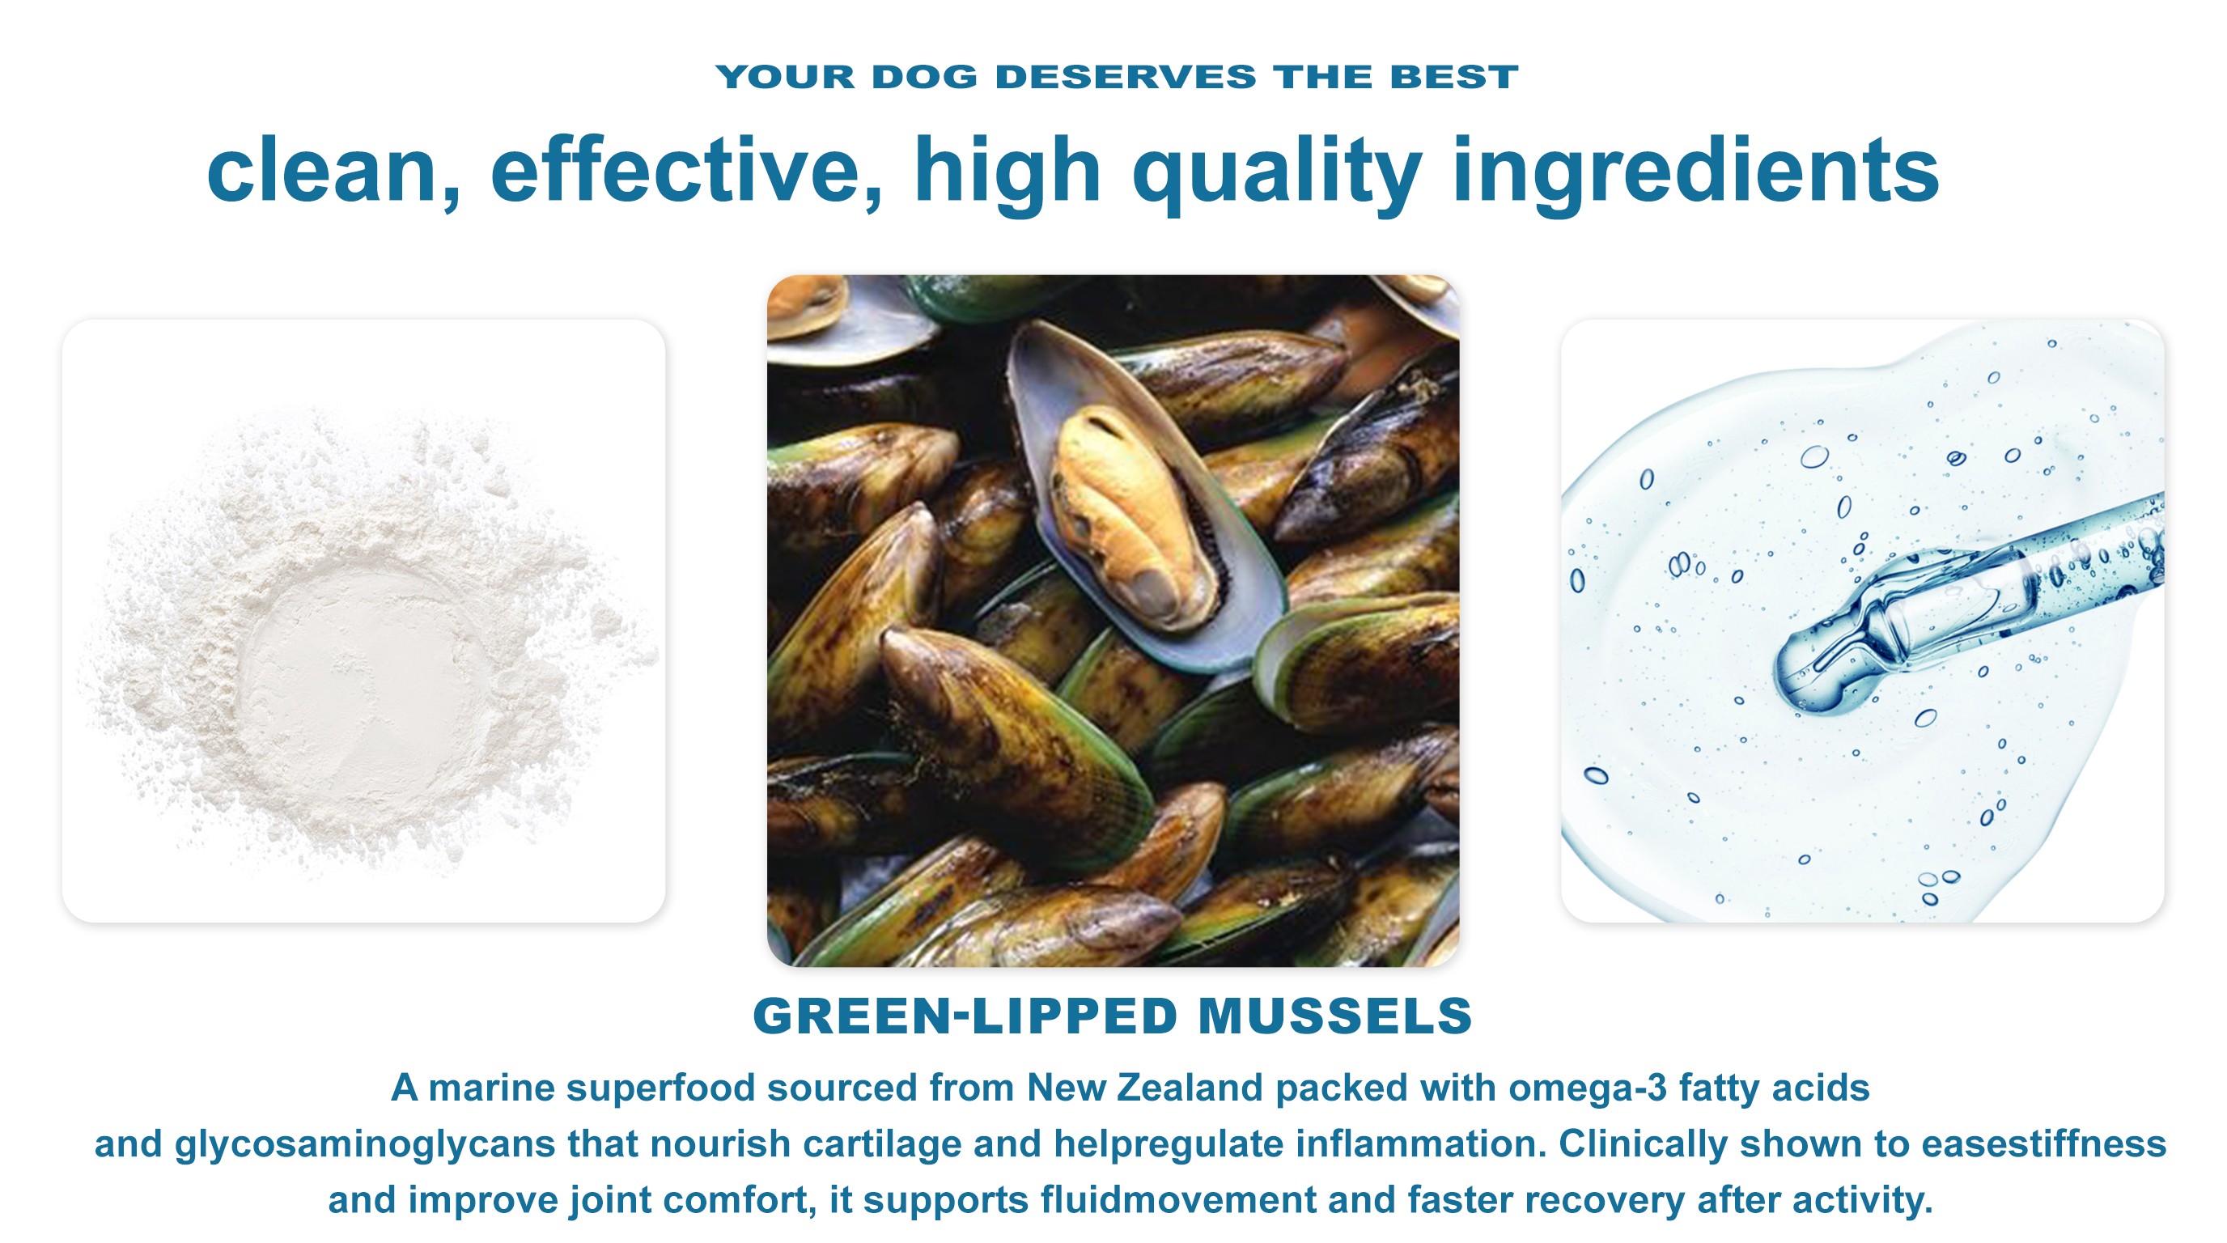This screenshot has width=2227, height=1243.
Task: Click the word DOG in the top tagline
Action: pos(924,77)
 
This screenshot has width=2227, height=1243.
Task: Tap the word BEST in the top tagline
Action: pos(1454,77)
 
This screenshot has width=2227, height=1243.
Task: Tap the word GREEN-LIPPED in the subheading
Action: pos(965,1016)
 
